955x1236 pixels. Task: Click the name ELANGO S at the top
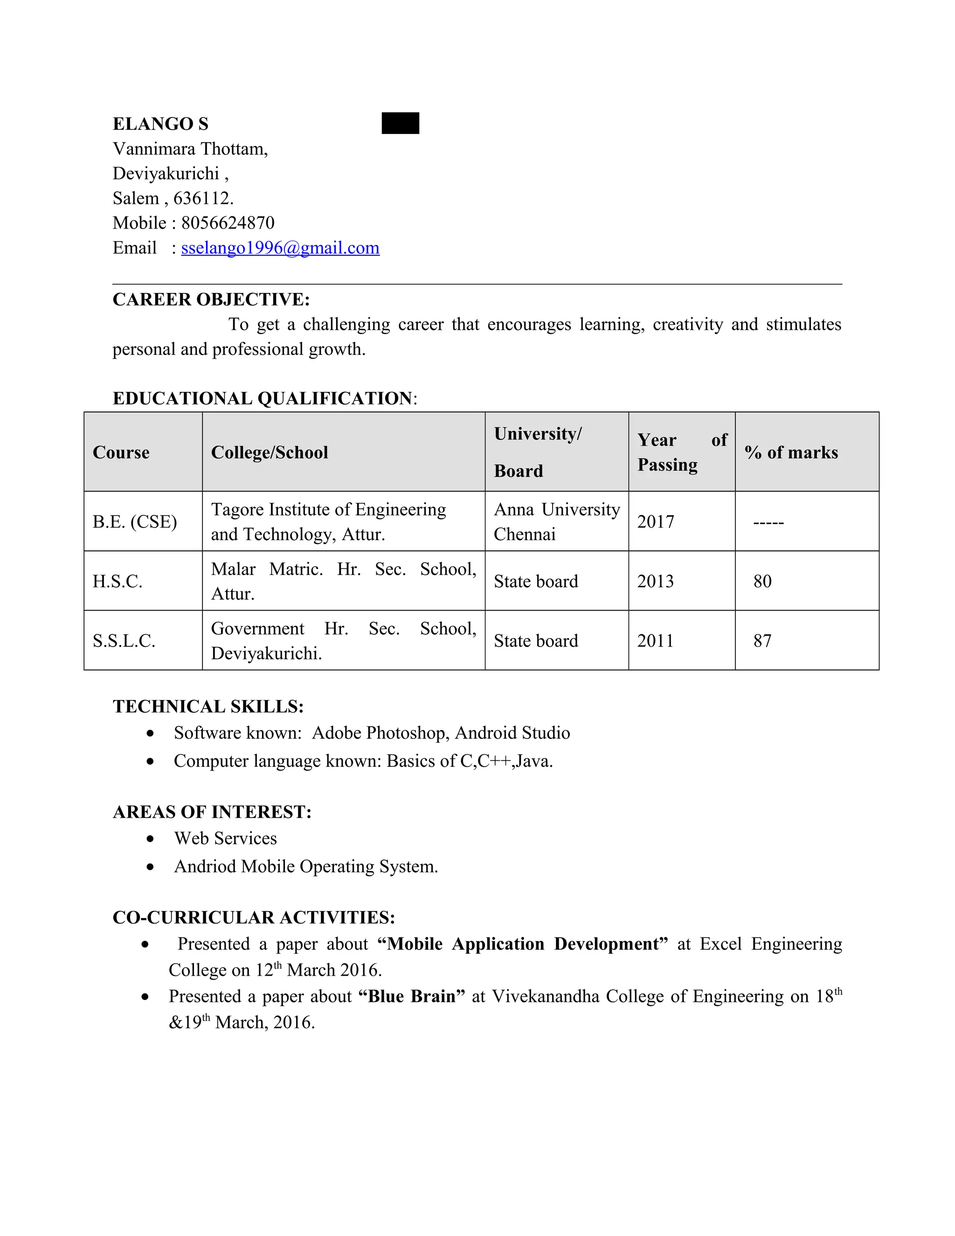pyautogui.click(x=161, y=124)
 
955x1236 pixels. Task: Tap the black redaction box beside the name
pyautogui.click(x=400, y=124)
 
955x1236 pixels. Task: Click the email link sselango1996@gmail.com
pyautogui.click(x=280, y=248)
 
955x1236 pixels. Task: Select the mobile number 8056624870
pyautogui.click(x=228, y=223)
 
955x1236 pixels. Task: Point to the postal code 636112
pyautogui.click(x=202, y=198)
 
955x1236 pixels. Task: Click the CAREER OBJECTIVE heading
pyautogui.click(x=211, y=299)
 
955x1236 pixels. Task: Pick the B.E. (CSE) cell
pyautogui.click(x=135, y=522)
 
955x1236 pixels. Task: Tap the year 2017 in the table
pyautogui.click(x=656, y=522)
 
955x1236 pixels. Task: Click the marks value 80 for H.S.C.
pyautogui.click(x=762, y=581)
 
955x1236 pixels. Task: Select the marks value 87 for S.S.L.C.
pyautogui.click(x=762, y=641)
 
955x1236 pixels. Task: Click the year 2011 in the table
pyautogui.click(x=655, y=641)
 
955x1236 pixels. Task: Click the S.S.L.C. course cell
pyautogui.click(x=124, y=641)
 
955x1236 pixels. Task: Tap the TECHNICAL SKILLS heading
pyautogui.click(x=208, y=707)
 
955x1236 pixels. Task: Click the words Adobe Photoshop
pyautogui.click(x=381, y=733)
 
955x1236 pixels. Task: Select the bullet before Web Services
pyautogui.click(x=150, y=839)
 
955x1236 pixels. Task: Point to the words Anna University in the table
pyautogui.click(x=557, y=509)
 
